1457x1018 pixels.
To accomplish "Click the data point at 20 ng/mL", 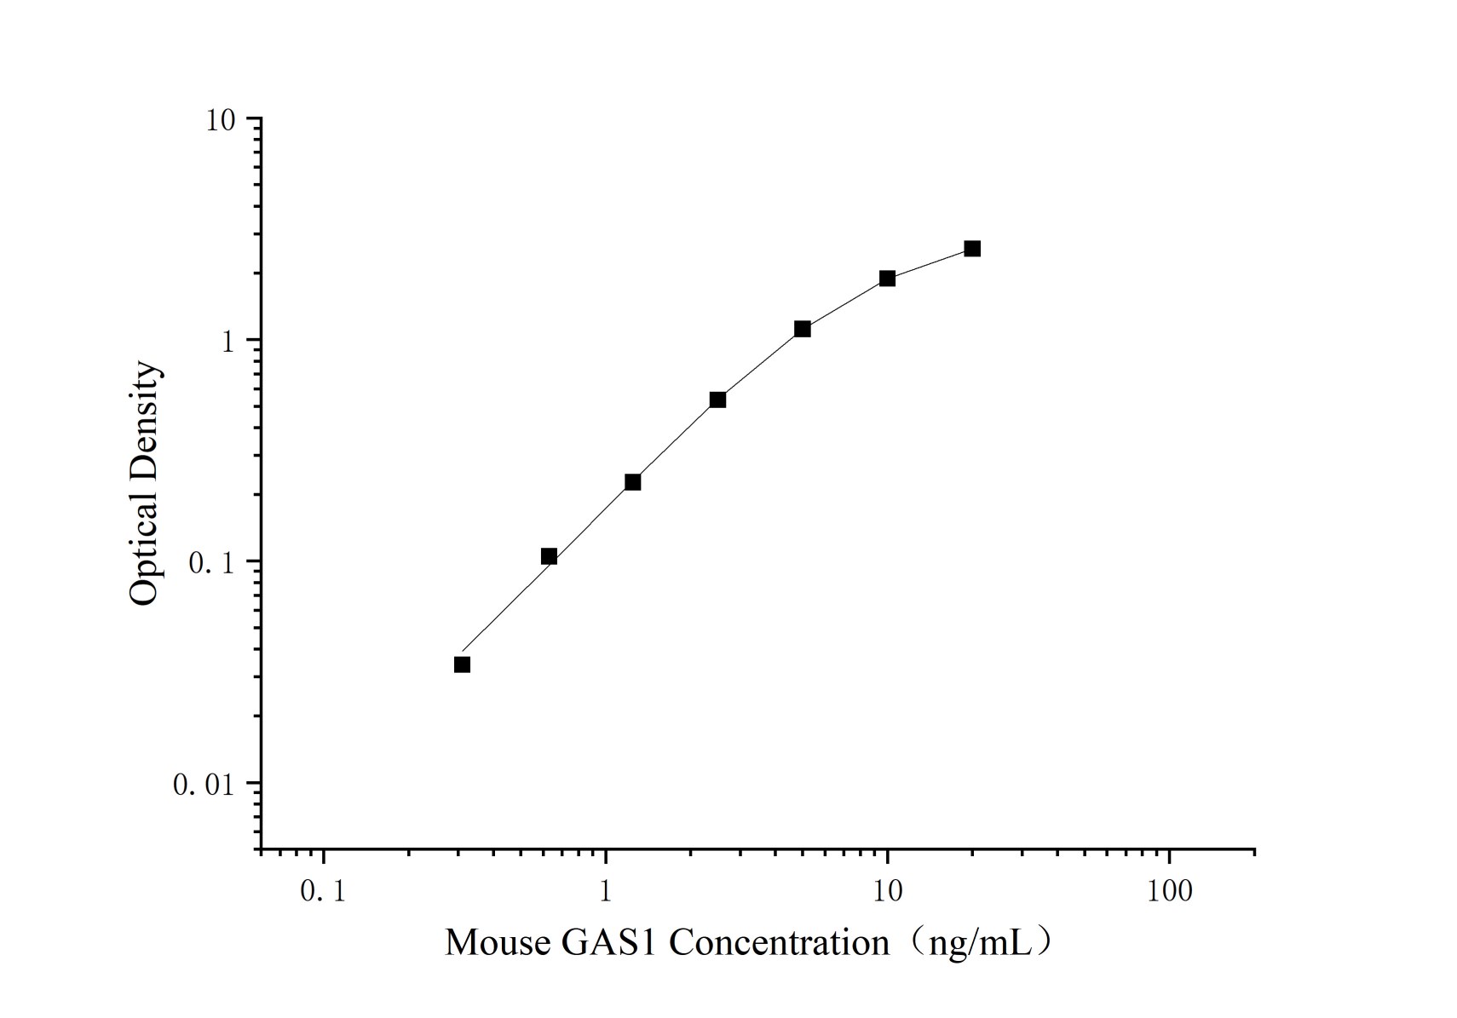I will (x=971, y=249).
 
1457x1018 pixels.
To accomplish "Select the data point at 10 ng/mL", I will (x=887, y=279).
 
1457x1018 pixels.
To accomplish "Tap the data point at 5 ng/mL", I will (x=802, y=329).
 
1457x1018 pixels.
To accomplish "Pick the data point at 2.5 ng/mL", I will (x=717, y=400).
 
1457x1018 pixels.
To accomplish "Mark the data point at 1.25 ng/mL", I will (x=632, y=482).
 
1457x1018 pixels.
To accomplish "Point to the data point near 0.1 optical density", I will (x=549, y=556).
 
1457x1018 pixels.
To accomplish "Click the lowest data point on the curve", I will (x=462, y=664).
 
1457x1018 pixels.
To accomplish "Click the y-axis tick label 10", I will (x=220, y=120).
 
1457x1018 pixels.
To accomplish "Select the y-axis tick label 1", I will (x=227, y=342).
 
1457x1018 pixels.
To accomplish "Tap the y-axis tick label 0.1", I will (x=210, y=563).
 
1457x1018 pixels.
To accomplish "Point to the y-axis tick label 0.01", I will (x=203, y=785).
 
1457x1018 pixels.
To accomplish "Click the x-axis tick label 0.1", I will (x=324, y=892).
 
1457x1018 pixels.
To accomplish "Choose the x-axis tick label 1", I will (x=606, y=892).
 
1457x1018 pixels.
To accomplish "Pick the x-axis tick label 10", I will (x=887, y=892).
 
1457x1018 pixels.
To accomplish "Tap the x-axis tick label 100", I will (x=1169, y=892).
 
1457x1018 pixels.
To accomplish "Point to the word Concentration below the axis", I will (x=779, y=943).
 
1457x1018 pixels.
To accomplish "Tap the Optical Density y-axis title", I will (x=145, y=483).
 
